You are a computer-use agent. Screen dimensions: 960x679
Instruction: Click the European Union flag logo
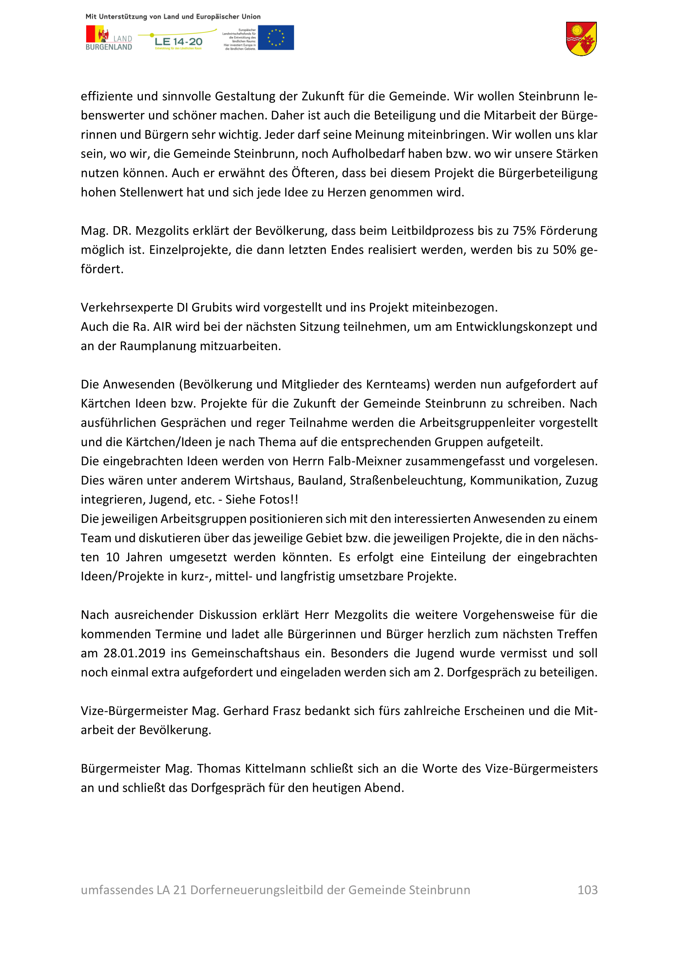point(275,38)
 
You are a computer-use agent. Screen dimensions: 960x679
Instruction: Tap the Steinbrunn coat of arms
point(581,39)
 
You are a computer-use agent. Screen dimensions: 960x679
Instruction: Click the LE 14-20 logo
point(178,41)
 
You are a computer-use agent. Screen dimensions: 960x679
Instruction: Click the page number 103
point(587,890)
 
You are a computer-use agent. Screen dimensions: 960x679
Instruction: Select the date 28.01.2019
point(134,653)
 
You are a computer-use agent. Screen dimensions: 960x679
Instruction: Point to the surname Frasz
point(287,711)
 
